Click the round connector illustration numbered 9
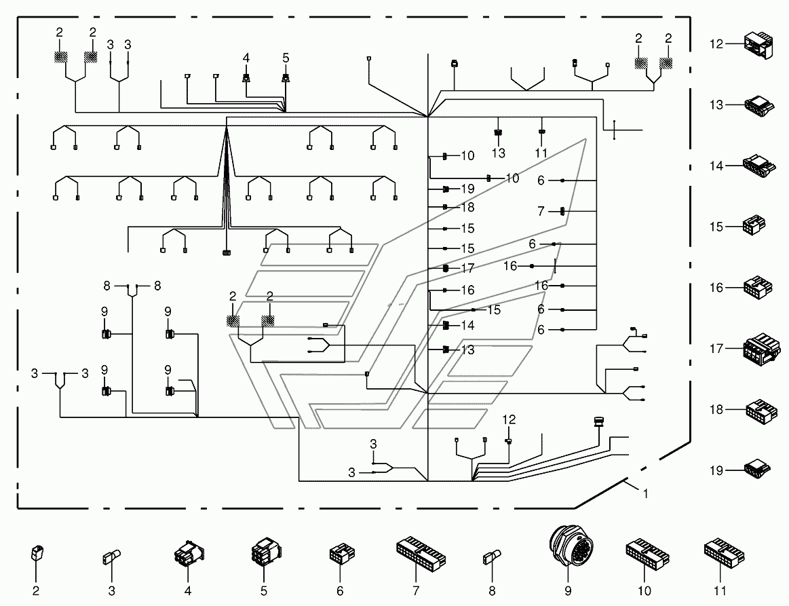(x=571, y=547)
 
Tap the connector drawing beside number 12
(x=758, y=45)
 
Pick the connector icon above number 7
(x=421, y=552)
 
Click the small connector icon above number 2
(x=37, y=553)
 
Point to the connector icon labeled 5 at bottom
(x=265, y=553)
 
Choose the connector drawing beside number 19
(x=758, y=469)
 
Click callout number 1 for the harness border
(x=646, y=494)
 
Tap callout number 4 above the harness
(x=246, y=58)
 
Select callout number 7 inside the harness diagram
(x=541, y=211)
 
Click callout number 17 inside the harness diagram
(x=467, y=268)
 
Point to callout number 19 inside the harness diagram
(x=467, y=189)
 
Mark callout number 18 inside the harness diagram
(x=467, y=208)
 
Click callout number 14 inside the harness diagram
(x=467, y=326)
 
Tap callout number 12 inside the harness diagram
(x=509, y=419)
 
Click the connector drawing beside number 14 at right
(x=758, y=166)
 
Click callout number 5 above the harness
(x=286, y=58)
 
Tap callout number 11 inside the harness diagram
(x=541, y=153)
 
